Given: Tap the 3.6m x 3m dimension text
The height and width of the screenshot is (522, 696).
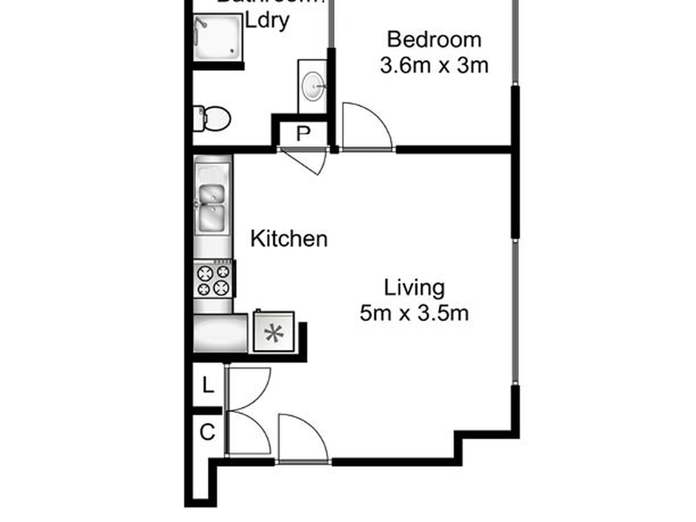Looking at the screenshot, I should pos(434,66).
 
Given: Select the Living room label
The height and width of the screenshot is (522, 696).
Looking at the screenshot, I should pos(414,288).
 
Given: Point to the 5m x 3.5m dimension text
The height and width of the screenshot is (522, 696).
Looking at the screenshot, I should pos(414,314).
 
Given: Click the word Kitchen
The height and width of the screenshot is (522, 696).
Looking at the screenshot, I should pos(289,239).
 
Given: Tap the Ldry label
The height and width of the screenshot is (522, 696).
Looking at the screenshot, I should pos(267,21).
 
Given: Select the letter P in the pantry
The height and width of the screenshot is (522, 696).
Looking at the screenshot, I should pos(303,134).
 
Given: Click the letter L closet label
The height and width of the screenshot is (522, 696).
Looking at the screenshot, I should pos(208,385).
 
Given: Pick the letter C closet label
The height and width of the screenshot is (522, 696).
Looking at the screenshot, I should pos(207,432).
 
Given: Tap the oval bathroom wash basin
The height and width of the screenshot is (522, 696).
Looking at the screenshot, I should pos(313,86).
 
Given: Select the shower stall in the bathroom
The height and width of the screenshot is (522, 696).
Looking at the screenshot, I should pos(218,37).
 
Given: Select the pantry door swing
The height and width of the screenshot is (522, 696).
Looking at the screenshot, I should pos(306,160).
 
